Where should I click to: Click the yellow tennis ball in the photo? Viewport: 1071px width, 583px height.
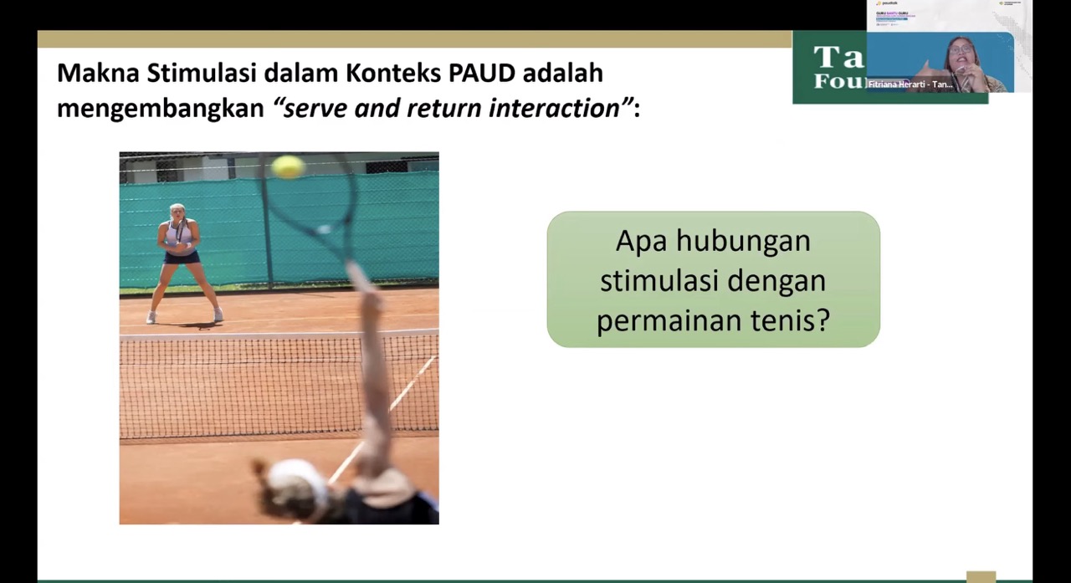coord(288,166)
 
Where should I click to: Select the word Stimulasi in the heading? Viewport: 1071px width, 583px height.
coord(202,73)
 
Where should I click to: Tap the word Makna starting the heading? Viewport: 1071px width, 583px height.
coord(98,73)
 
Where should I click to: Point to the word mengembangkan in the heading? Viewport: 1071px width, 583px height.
coord(161,108)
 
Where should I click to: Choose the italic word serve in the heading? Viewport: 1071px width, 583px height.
coord(315,108)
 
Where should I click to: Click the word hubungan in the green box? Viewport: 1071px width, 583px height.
coord(743,241)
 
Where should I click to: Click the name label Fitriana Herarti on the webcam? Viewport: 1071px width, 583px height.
coord(910,84)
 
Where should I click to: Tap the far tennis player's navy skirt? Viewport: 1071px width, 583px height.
coord(182,257)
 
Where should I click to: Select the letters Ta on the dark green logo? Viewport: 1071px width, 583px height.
coord(838,57)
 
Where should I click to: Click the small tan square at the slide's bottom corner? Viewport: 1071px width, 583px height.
coord(981,576)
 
